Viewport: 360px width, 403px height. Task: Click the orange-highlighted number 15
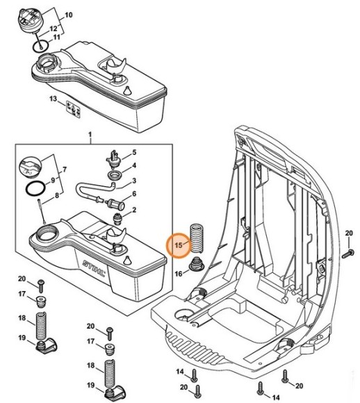coord(179,245)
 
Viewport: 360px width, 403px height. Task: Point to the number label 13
coord(53,100)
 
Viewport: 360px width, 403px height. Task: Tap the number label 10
coord(67,15)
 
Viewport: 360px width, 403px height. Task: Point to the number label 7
coord(65,170)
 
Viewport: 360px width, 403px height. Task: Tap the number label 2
coord(134,209)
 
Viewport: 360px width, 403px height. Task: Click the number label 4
coord(134,167)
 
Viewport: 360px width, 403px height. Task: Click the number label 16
coord(178,274)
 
